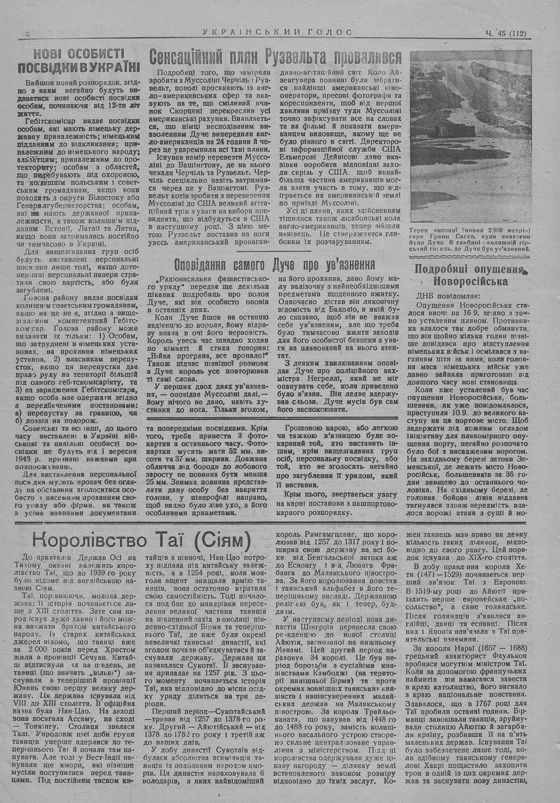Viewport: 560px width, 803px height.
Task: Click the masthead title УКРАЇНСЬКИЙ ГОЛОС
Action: coord(277,32)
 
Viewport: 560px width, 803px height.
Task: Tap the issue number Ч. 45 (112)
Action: coord(506,32)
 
